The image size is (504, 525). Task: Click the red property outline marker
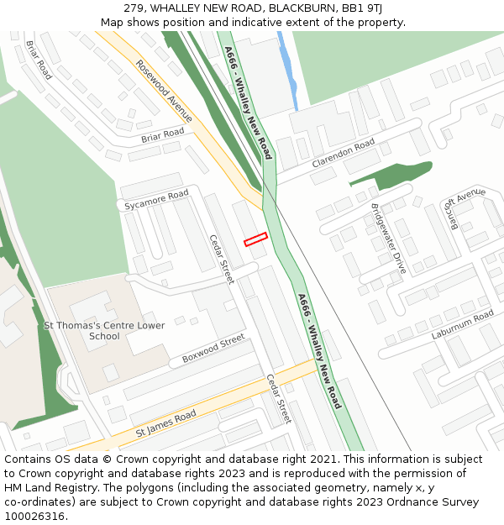click(x=255, y=239)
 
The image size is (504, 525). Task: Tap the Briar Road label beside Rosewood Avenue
click(x=162, y=135)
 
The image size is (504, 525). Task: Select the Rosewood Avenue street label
click(x=164, y=91)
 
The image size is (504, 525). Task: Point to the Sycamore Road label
click(x=156, y=200)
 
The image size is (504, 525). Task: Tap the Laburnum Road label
click(x=463, y=325)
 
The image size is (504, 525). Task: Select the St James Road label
click(x=165, y=424)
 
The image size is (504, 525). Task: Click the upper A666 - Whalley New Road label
click(x=248, y=102)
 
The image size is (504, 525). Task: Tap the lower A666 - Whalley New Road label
click(x=320, y=351)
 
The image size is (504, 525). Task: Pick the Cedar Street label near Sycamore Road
click(x=222, y=259)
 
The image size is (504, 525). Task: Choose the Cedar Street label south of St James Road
click(x=278, y=398)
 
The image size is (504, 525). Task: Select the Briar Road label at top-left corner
click(x=39, y=60)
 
